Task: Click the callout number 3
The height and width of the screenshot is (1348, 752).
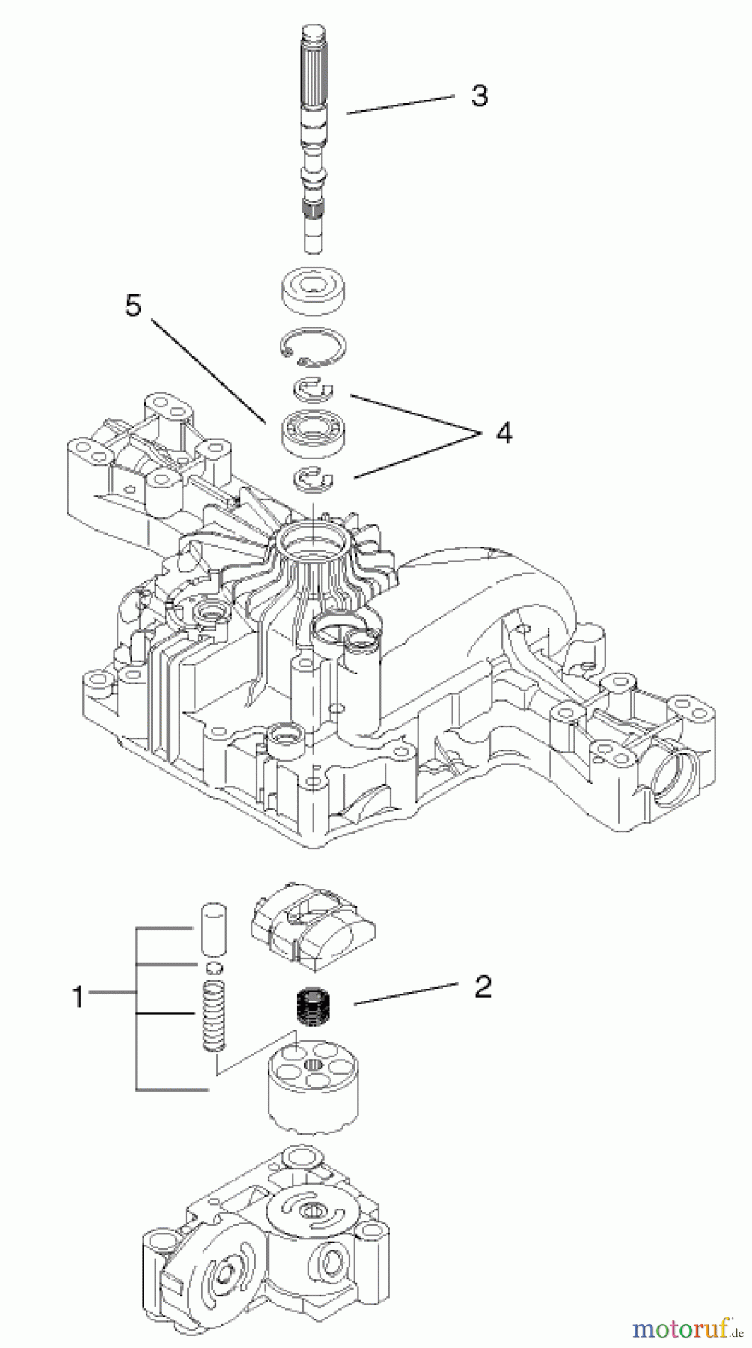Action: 480,96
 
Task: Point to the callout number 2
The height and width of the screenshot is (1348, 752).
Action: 483,986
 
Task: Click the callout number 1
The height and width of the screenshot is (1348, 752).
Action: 77,998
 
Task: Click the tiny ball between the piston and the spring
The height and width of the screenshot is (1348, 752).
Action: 215,967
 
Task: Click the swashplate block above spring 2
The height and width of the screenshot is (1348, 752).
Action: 313,925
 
